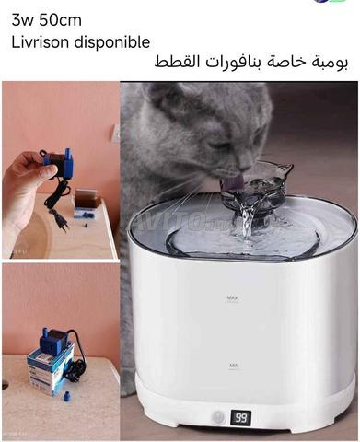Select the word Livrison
coord(41,42)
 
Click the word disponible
coord(112,42)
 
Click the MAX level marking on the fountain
coord(233,297)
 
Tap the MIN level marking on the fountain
coord(234,366)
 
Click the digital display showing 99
coord(241,417)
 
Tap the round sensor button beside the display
coord(218,417)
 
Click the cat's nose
coord(245,168)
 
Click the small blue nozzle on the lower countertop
coord(66,397)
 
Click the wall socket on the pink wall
coord(115,134)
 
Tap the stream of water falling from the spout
coord(246,221)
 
